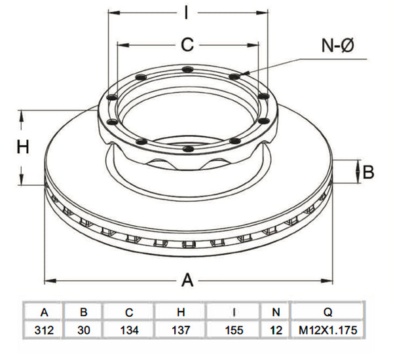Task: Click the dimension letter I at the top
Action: tap(186, 12)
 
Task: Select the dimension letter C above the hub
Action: tap(187, 45)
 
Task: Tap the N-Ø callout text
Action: tap(337, 45)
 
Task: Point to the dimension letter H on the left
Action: tap(23, 147)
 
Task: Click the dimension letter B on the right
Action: tap(368, 172)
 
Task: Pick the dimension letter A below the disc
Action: tap(187, 280)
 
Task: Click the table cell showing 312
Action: tap(44, 330)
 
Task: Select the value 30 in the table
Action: tap(84, 330)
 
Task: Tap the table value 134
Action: tap(129, 330)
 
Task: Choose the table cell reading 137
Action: tap(181, 330)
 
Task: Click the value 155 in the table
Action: tap(234, 330)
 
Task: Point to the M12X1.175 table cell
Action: tap(328, 330)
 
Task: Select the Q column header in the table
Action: tap(328, 312)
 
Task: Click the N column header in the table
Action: tap(276, 312)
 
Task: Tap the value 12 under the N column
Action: tap(276, 330)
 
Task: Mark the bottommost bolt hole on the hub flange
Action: tap(188, 149)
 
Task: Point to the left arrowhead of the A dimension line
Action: tap(50, 280)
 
